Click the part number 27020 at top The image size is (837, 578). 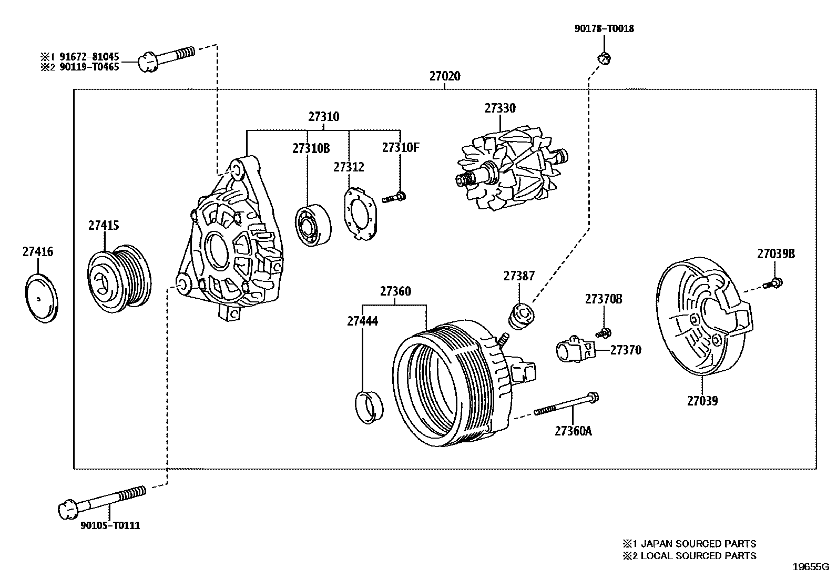(x=445, y=76)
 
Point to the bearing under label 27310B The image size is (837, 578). (x=312, y=224)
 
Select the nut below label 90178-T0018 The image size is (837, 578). (x=605, y=58)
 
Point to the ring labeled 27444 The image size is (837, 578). (x=369, y=407)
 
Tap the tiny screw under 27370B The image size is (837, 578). (x=604, y=333)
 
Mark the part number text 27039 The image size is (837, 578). (x=702, y=401)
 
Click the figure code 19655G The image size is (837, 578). (x=810, y=567)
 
